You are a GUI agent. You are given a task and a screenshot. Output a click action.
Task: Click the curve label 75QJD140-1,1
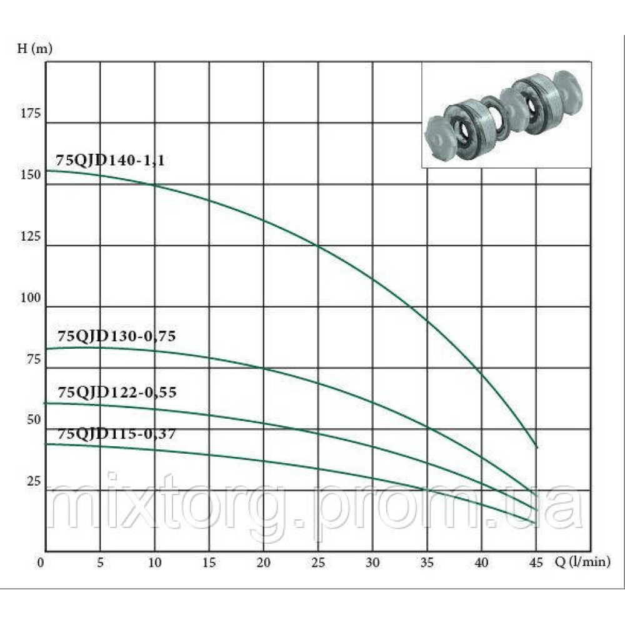tap(110, 160)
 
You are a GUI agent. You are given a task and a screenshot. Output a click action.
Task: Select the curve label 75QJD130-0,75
tap(116, 336)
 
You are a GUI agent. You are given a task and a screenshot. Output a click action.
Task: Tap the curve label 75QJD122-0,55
tap(117, 392)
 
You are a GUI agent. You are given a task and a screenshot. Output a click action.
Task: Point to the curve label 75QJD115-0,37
tap(116, 433)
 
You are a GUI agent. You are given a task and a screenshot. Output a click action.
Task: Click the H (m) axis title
tap(34, 49)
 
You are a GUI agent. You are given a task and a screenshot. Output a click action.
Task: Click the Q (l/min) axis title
tap(582, 562)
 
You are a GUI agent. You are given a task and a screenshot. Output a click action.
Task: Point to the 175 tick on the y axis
tap(30, 113)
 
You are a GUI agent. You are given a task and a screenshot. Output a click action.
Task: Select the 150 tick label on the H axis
tap(30, 174)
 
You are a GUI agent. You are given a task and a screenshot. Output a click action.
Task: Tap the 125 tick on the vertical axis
tap(30, 236)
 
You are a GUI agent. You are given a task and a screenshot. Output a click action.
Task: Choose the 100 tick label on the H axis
tap(30, 297)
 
